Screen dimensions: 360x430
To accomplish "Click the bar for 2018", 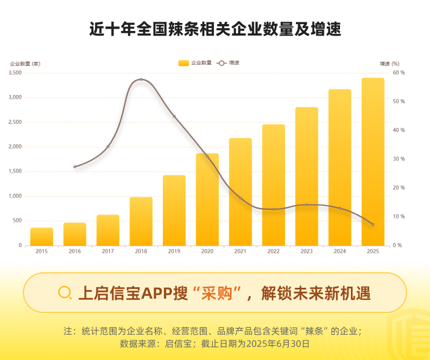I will click(x=141, y=221).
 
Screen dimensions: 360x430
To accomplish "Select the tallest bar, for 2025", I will click(x=373, y=162).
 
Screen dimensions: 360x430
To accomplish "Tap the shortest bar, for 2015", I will click(x=42, y=237).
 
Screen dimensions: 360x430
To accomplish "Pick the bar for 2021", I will click(x=240, y=191).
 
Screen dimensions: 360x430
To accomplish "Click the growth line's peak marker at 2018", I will click(x=141, y=80).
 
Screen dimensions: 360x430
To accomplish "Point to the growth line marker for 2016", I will click(x=75, y=167).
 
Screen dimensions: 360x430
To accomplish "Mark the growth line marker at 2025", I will click(x=373, y=224).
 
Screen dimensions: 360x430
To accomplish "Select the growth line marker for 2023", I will click(x=307, y=205).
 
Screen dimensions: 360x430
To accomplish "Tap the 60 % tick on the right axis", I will click(x=398, y=73).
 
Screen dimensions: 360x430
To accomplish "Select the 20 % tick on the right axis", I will click(x=398, y=188).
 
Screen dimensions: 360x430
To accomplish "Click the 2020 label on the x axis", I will click(x=207, y=251).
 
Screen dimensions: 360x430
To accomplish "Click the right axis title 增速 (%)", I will click(x=389, y=63).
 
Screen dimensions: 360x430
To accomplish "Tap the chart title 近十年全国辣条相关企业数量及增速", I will click(x=215, y=30).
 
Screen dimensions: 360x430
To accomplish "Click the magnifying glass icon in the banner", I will click(x=65, y=293).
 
